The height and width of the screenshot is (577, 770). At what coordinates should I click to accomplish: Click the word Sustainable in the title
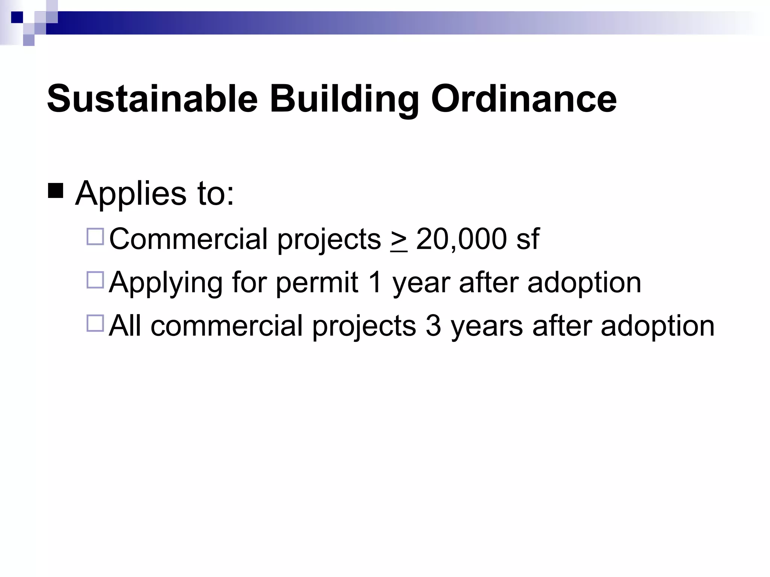point(152,98)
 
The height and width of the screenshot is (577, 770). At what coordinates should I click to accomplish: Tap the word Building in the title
point(344,99)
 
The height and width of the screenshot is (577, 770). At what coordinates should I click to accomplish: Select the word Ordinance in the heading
point(524,98)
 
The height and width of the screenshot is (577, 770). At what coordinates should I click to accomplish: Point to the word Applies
point(131,194)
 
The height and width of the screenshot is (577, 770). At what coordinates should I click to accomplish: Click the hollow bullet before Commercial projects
point(95,237)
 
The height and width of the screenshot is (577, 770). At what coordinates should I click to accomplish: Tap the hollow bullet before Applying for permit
point(95,280)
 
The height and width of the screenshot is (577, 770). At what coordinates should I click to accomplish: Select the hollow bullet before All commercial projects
point(95,323)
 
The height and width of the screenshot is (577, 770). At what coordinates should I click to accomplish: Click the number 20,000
point(462,239)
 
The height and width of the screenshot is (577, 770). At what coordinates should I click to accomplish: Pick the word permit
point(317,282)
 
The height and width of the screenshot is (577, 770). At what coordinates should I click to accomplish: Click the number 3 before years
point(433,325)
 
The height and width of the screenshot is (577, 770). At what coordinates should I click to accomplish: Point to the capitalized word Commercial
point(188,239)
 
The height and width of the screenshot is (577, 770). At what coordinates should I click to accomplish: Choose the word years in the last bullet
point(487,326)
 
